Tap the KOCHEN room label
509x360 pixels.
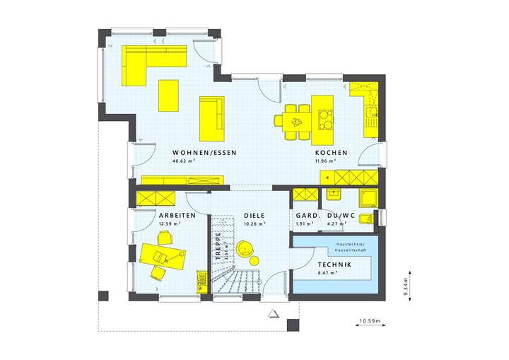(330, 153)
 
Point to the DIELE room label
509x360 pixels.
(254, 215)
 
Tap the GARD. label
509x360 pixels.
(305, 215)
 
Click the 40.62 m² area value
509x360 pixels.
(183, 161)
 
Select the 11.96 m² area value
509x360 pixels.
(327, 161)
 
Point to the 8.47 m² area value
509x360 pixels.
(327, 272)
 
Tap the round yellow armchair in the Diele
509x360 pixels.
(245, 248)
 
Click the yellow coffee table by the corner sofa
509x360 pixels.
(168, 95)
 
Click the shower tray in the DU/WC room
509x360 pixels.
(368, 197)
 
